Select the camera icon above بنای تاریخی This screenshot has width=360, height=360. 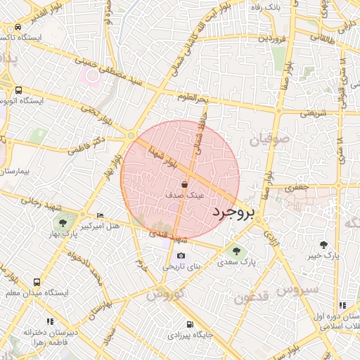click(181, 255)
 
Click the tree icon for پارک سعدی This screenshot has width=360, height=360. click(236, 250)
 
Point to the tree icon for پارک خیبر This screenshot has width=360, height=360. click(323, 245)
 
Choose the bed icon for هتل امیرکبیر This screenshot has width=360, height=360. click(99, 215)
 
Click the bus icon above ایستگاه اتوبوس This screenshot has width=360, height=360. click(18, 90)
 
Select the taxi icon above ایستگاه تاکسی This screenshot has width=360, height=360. click(17, 27)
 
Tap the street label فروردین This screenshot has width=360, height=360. click(272, 37)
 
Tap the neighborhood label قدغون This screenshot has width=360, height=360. click(250, 297)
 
